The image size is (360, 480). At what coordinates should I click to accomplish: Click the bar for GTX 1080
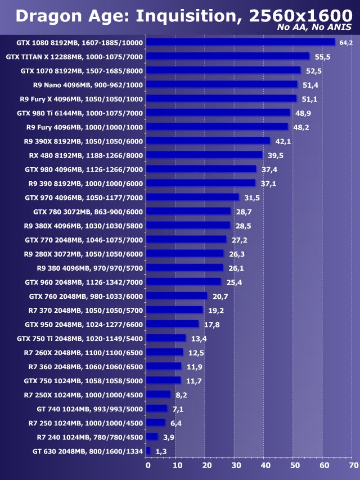241,42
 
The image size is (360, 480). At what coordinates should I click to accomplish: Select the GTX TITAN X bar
228,56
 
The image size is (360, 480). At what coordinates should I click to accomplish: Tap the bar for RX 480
205,155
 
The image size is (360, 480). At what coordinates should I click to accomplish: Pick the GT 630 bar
148,451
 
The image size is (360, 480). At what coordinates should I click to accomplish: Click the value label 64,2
345,43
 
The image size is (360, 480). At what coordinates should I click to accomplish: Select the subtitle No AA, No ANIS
314,28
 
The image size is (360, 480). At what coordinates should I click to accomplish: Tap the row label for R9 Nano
88,84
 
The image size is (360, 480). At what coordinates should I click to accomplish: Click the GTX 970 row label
84,198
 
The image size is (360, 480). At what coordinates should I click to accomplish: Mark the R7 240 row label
90,437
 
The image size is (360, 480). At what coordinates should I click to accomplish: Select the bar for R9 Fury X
221,98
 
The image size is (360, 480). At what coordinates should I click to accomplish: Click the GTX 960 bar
184,282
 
